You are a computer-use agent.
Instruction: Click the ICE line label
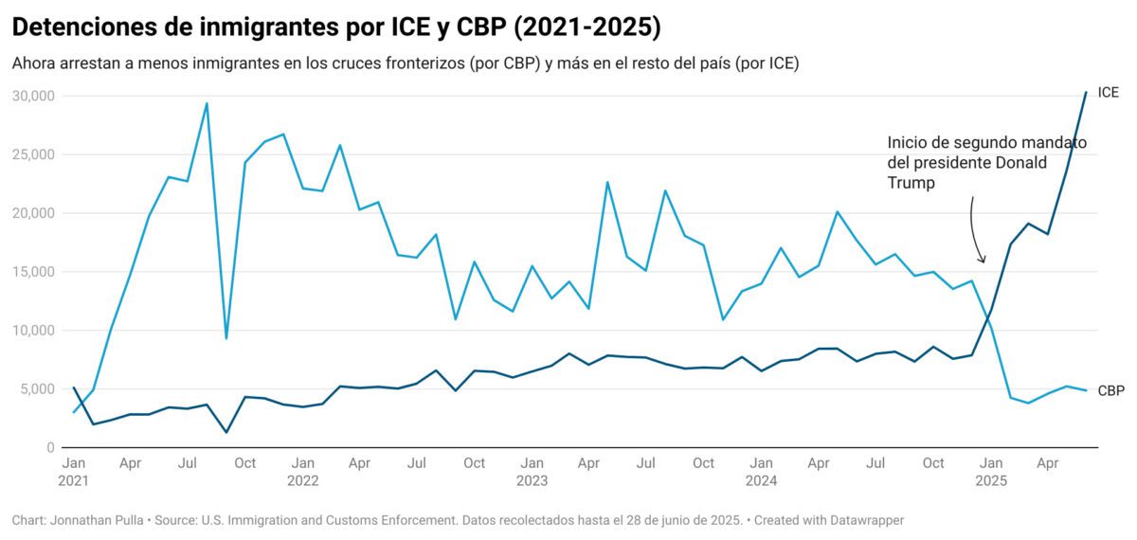click(1108, 93)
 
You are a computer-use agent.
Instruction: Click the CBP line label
click(1110, 390)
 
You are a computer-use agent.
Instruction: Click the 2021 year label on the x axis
click(73, 480)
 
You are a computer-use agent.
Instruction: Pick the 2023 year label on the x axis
click(532, 480)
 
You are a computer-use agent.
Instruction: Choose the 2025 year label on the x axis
click(991, 480)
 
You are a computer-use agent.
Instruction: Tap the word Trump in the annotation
click(911, 184)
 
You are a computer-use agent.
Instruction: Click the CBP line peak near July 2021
click(207, 103)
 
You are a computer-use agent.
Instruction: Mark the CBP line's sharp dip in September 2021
click(226, 338)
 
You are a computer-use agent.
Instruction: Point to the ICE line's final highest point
click(1086, 93)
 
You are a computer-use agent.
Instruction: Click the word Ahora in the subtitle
click(32, 63)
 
